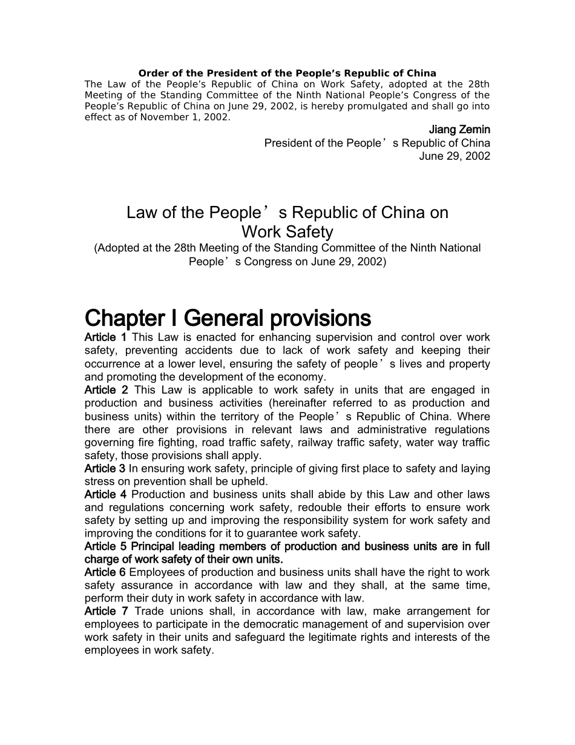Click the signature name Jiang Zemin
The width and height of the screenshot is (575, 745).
pos(459,130)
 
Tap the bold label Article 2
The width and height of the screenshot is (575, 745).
pos(106,390)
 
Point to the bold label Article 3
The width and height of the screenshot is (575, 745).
pos(105,469)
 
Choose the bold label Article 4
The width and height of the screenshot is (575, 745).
pos(105,495)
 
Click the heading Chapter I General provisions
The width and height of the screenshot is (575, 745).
pos(228,318)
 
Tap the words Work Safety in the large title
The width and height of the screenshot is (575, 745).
pos(287,232)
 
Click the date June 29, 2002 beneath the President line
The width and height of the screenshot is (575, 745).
pos(455,156)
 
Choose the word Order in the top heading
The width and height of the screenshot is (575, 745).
pos(152,73)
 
